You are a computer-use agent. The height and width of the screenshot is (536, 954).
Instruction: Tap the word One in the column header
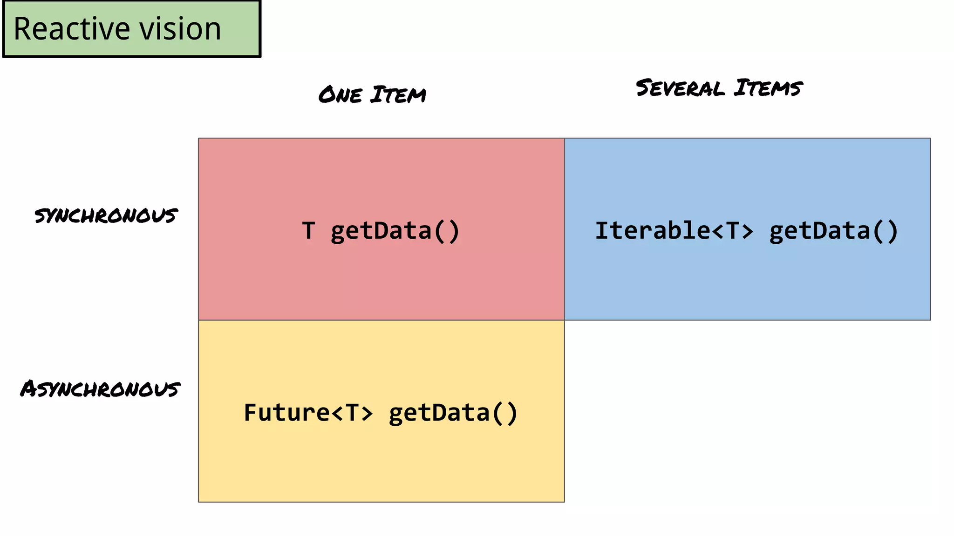(341, 95)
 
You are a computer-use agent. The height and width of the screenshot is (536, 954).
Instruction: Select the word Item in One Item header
(398, 94)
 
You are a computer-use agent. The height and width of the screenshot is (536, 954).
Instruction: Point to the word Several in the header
(680, 88)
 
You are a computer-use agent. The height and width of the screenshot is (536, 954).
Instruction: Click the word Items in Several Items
(768, 87)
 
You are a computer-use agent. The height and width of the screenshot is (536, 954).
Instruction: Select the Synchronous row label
(106, 215)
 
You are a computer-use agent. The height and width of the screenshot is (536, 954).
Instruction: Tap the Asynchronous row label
(101, 389)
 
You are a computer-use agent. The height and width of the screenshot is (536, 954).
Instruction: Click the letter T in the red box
(308, 231)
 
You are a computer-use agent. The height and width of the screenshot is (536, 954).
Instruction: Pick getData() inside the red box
(395, 231)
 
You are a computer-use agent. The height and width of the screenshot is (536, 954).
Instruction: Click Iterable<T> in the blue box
(674, 231)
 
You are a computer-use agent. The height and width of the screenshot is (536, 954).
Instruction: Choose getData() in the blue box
(833, 231)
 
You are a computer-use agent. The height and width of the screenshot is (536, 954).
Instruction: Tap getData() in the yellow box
(453, 413)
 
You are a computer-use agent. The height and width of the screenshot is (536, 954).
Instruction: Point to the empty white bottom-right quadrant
(747, 411)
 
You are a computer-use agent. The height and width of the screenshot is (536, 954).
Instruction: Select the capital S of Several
(645, 88)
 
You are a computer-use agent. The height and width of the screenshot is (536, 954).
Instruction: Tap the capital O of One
(328, 95)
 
